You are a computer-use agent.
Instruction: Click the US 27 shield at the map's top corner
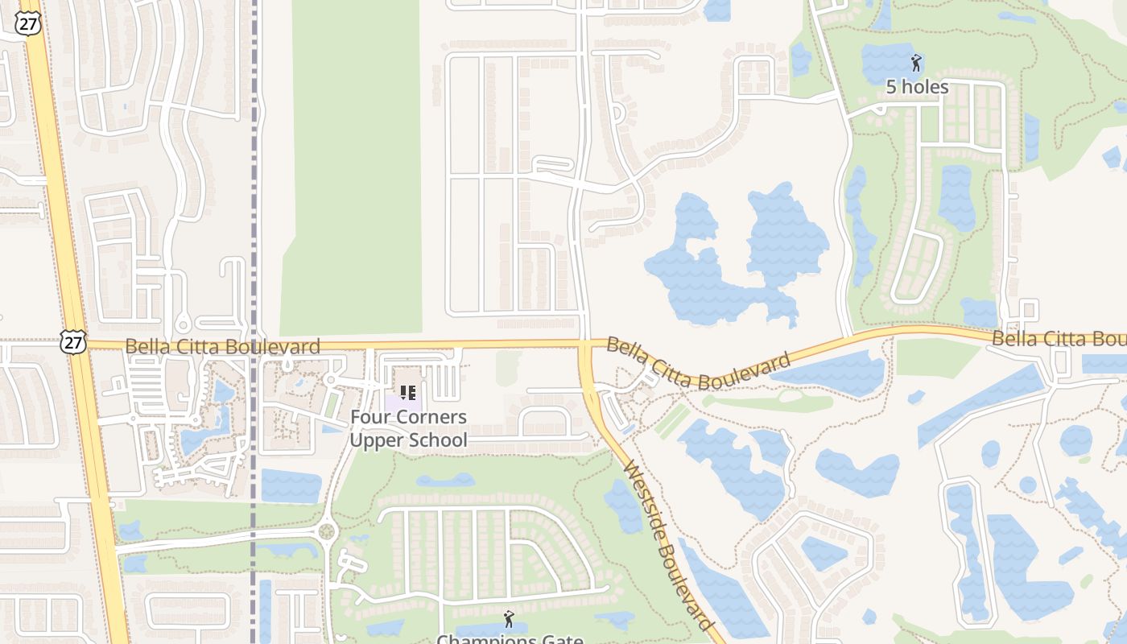[27, 23]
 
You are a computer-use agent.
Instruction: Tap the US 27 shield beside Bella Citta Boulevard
[72, 342]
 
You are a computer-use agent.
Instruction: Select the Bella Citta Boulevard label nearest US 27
[223, 347]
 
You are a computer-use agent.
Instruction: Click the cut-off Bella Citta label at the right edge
[1058, 339]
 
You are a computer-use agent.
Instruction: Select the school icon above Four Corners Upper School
[408, 394]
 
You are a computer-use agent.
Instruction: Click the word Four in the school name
[366, 417]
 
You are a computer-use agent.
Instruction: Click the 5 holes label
[917, 87]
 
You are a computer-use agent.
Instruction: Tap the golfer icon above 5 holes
[916, 63]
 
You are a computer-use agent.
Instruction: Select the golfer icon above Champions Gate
[508, 619]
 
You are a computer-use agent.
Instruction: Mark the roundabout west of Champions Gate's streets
[327, 531]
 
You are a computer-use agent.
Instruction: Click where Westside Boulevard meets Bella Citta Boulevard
[586, 346]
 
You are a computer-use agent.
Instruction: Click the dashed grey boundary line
[254, 242]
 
